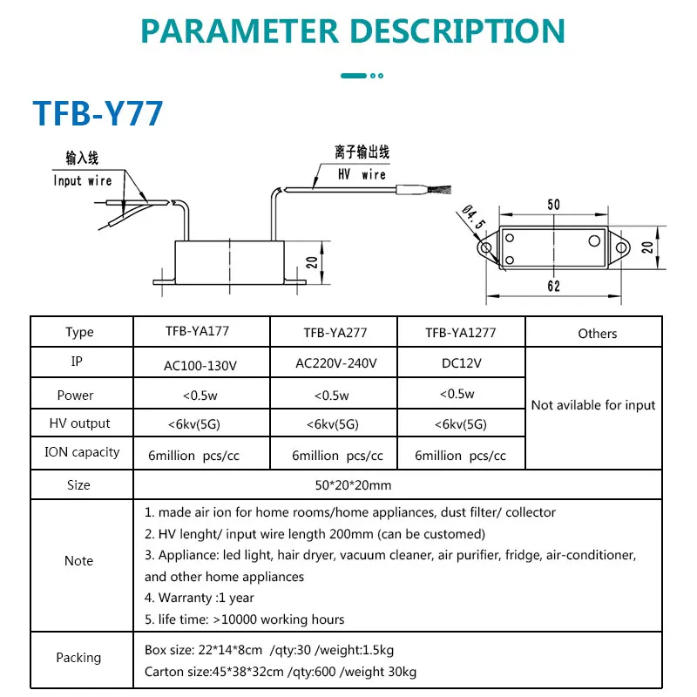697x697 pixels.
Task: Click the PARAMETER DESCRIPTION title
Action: click(x=353, y=31)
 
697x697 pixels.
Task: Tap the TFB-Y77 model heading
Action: click(x=98, y=113)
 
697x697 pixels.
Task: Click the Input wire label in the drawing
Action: click(x=83, y=180)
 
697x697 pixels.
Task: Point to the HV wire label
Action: click(x=362, y=173)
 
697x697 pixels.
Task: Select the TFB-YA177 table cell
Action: click(x=202, y=331)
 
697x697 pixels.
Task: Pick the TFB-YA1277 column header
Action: click(x=462, y=332)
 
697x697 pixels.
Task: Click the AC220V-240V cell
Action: click(x=331, y=362)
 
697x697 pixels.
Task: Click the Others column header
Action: click(x=598, y=333)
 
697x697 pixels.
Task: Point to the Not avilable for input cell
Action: click(x=593, y=405)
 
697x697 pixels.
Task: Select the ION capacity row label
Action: click(x=82, y=452)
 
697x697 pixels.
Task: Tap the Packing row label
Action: click(x=78, y=658)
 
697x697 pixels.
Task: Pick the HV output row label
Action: click(x=78, y=423)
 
